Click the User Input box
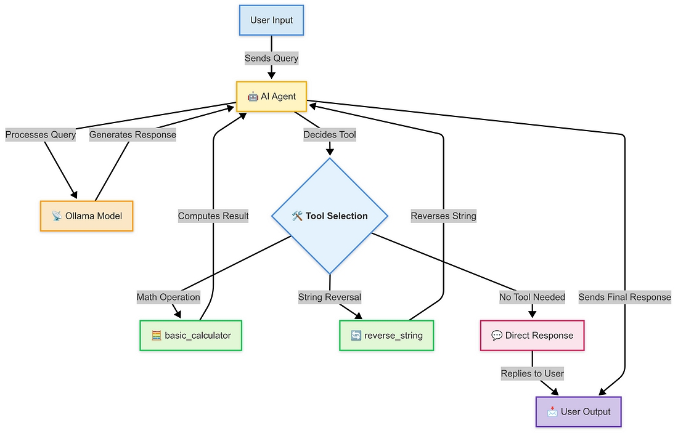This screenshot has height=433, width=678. coord(271,20)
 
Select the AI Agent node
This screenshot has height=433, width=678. coord(271,97)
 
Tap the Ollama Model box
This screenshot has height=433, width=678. coord(86,216)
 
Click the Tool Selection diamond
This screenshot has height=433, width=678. coord(330,216)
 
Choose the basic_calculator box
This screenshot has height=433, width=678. coord(191,336)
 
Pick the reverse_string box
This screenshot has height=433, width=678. coord(386,336)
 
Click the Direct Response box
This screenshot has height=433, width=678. coord(532,336)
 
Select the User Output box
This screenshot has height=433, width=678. coord(579,411)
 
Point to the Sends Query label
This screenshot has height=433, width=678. coord(271,59)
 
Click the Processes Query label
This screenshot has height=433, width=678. coord(41,135)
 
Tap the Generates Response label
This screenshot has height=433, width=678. coord(133,135)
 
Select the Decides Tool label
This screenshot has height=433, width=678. coord(330,135)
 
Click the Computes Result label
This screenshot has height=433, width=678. coord(213,216)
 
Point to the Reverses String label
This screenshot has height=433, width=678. coord(444,216)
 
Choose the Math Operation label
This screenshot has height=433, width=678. coord(168,297)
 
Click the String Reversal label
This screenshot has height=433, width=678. coord(330,297)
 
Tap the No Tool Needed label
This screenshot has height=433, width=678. coord(532,297)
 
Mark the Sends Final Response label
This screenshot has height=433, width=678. coord(624,297)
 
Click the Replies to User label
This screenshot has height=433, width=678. coord(532,374)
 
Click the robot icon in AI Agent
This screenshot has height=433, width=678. coord(253,97)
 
